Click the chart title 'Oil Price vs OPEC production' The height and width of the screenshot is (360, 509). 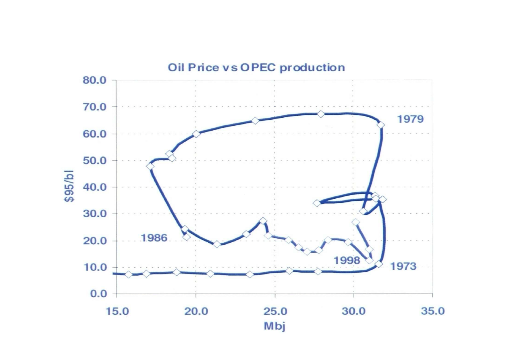(x=256, y=67)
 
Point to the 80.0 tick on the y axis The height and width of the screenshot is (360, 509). (x=95, y=80)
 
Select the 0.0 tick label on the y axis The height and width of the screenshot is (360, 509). (x=98, y=294)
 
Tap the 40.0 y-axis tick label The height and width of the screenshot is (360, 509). (x=95, y=187)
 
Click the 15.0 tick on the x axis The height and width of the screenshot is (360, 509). (x=116, y=311)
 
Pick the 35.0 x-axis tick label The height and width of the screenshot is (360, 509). (x=432, y=311)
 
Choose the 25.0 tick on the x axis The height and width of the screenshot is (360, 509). (x=274, y=311)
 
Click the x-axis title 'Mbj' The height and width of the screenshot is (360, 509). (x=274, y=326)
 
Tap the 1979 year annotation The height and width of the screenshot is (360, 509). (x=410, y=119)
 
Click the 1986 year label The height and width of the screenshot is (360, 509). (x=154, y=238)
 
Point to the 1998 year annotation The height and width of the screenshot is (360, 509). (x=347, y=260)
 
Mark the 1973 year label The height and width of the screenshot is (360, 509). (x=403, y=266)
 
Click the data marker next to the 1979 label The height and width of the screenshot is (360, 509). (x=380, y=125)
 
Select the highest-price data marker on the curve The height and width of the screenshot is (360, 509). (x=321, y=114)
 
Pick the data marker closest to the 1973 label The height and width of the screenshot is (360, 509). (x=378, y=264)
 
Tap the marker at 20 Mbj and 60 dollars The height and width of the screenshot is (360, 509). (x=196, y=134)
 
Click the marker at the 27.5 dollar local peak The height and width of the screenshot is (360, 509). (x=263, y=221)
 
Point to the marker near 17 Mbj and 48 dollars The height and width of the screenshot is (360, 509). (x=150, y=166)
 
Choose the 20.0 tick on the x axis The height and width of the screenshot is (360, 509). (x=195, y=311)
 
